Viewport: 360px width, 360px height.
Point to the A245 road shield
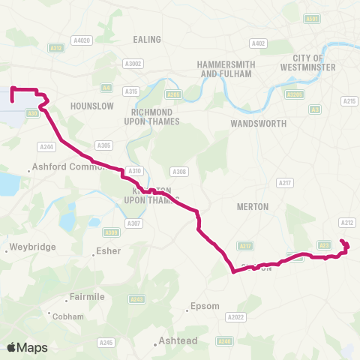[x=106, y=343]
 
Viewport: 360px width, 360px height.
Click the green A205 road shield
[x=174, y=94]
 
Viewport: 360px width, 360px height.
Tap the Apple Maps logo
[x=28, y=347]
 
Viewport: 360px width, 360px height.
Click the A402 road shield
[x=259, y=43]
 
